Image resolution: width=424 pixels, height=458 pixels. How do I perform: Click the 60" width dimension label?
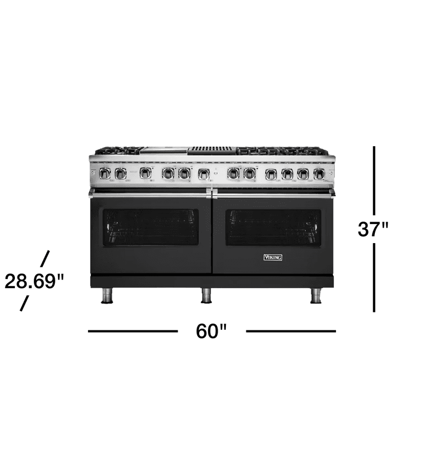pos(211,331)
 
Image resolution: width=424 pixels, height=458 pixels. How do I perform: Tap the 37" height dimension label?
pos(374,229)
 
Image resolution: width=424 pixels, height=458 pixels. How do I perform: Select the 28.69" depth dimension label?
pos(34,281)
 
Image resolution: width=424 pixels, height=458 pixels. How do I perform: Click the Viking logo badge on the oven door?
pos(272,257)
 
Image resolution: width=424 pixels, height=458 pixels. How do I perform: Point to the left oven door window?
pos(151,227)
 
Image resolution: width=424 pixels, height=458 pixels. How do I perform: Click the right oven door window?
pos(273,227)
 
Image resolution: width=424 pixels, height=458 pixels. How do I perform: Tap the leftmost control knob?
pos(104,173)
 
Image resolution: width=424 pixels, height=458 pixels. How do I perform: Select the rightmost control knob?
pos(319,174)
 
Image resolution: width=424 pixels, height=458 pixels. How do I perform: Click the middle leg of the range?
pos(206,295)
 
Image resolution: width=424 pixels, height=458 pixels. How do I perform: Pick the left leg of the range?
pos(107,295)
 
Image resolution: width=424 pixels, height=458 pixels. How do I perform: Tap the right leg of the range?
pos(316,295)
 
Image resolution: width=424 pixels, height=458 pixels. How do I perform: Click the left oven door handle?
pos(150,194)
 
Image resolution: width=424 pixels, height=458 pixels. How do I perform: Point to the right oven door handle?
pos(273,194)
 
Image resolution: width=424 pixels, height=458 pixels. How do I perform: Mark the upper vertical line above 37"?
pos(374,180)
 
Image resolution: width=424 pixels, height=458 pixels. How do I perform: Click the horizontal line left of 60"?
pos(133,331)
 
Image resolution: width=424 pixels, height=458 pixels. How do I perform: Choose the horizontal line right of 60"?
pos(291,331)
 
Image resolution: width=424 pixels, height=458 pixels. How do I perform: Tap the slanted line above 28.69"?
pos(45,258)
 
